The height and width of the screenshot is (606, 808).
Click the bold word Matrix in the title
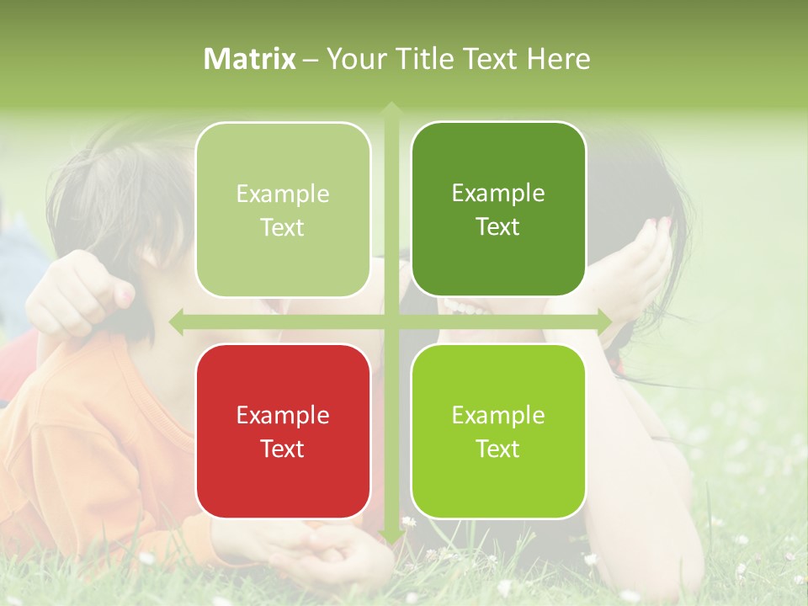tap(250, 59)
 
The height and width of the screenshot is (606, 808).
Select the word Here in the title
tap(559, 59)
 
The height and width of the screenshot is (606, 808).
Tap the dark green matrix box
tap(498, 210)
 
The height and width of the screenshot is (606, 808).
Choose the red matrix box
tap(283, 431)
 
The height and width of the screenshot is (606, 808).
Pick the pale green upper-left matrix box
tap(283, 210)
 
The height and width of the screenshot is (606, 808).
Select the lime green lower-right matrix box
tap(498, 431)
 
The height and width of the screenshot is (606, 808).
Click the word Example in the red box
tap(283, 415)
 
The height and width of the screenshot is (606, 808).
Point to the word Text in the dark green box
tap(498, 227)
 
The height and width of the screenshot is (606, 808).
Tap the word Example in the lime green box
tap(498, 415)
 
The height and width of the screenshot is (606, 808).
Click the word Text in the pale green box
tap(283, 227)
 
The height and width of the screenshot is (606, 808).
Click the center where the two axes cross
tap(391, 322)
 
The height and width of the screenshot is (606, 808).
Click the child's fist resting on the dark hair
tap(80, 290)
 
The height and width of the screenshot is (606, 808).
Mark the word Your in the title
tap(354, 59)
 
